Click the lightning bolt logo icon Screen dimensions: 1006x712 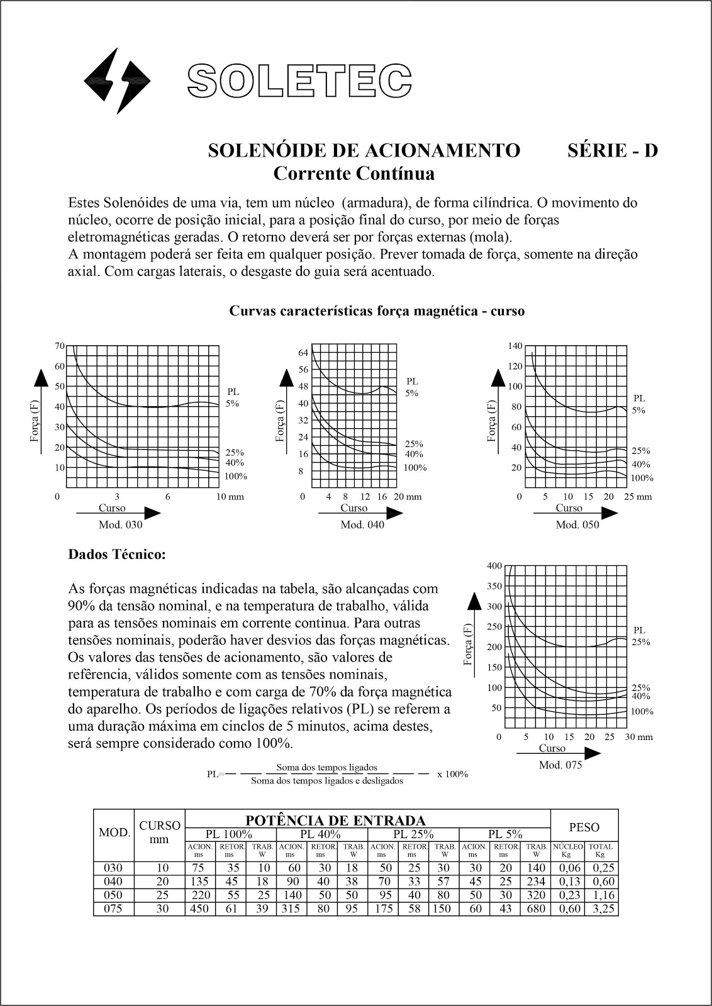pos(118,80)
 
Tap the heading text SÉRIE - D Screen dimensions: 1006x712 pos(612,151)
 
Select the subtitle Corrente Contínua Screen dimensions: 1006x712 pos(353,173)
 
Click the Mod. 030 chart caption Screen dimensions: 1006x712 pos(121,525)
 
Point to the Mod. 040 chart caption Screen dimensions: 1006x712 pos(362,525)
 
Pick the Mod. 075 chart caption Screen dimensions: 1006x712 pos(560,765)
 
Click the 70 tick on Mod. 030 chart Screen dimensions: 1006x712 pos(60,346)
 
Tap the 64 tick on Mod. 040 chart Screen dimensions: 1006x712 pos(303,353)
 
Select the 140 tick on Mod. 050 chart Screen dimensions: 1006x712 pos(515,346)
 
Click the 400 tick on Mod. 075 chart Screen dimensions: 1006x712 pos(494,566)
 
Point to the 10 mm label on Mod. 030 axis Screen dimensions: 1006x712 pos(230,497)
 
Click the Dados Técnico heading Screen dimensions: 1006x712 pos(117,555)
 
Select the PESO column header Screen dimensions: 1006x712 pos(584,827)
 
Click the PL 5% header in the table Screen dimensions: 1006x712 pos(506,834)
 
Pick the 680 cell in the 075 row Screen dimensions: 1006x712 pos(536,909)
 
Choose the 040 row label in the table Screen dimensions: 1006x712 pos(113,882)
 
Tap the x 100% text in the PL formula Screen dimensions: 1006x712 pos(452,774)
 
